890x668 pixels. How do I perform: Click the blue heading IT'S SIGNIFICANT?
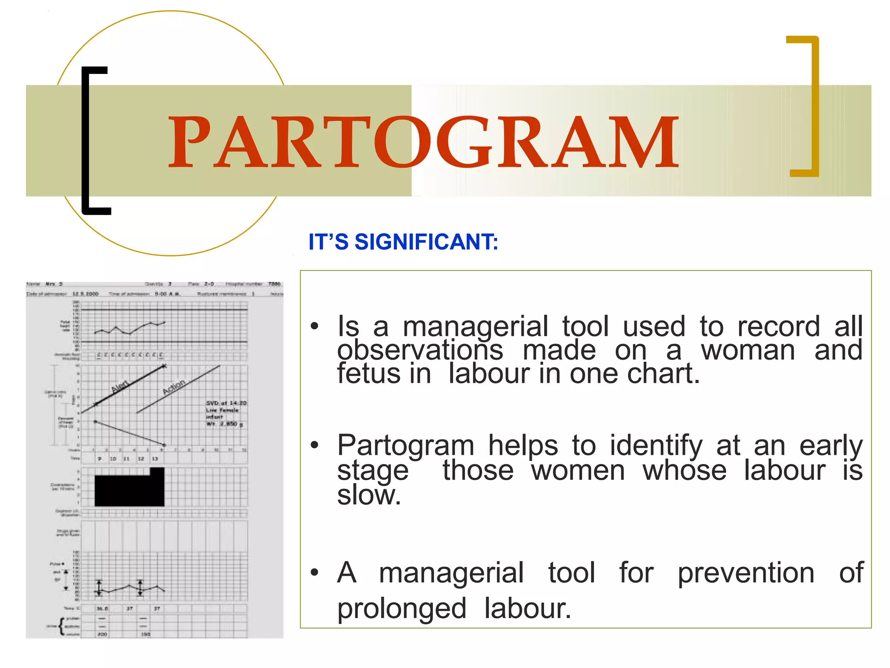403,242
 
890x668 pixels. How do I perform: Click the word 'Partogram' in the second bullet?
405,445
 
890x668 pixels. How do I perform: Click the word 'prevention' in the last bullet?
746,572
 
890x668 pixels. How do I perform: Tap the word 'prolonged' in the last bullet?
402,608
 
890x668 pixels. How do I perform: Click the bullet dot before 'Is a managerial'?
315,326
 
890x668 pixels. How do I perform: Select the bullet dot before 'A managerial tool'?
315,572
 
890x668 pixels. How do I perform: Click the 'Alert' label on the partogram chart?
120,386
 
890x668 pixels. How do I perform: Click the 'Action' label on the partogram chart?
174,387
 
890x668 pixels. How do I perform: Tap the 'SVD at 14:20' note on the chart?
226,403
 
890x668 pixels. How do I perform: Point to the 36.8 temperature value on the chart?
102,608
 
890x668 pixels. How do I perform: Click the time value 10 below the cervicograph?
113,459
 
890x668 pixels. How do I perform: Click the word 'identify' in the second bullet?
656,445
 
